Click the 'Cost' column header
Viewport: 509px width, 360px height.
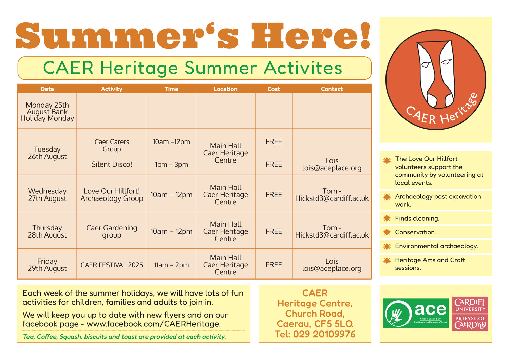274,89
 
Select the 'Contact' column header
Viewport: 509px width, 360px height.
332,89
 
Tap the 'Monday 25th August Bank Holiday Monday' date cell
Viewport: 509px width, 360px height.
47,112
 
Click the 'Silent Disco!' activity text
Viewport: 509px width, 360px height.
112,164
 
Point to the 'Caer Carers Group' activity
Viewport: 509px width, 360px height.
112,146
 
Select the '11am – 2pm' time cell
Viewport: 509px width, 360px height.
171,265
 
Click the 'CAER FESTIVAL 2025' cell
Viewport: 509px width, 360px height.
112,265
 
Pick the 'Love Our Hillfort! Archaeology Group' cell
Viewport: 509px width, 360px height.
112,195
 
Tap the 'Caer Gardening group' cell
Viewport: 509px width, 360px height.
112,231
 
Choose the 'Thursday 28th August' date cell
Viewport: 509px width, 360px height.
47,231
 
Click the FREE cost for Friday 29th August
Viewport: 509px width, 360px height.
274,265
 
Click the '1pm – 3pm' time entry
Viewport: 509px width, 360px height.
171,165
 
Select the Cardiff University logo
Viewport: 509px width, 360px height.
470,314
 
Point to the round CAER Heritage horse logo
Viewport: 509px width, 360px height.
436,80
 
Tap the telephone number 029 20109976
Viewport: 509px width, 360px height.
324,334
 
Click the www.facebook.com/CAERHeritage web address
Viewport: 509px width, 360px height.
153,324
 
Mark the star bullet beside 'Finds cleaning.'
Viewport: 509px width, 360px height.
387,219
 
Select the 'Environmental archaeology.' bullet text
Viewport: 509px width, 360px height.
436,246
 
